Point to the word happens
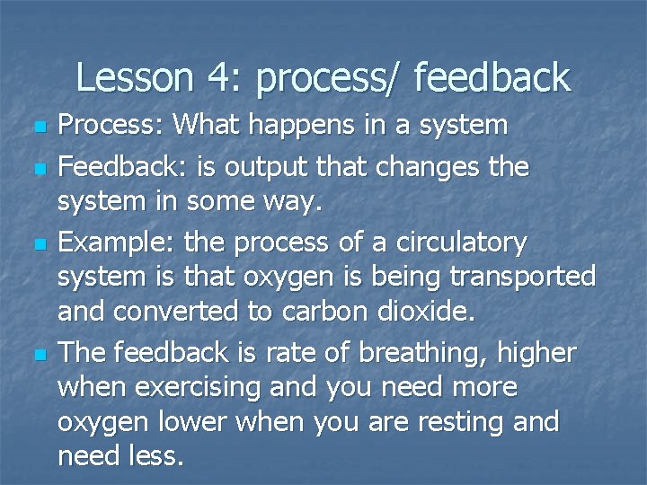click(314, 127)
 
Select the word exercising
click(185, 388)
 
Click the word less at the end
click(155, 455)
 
